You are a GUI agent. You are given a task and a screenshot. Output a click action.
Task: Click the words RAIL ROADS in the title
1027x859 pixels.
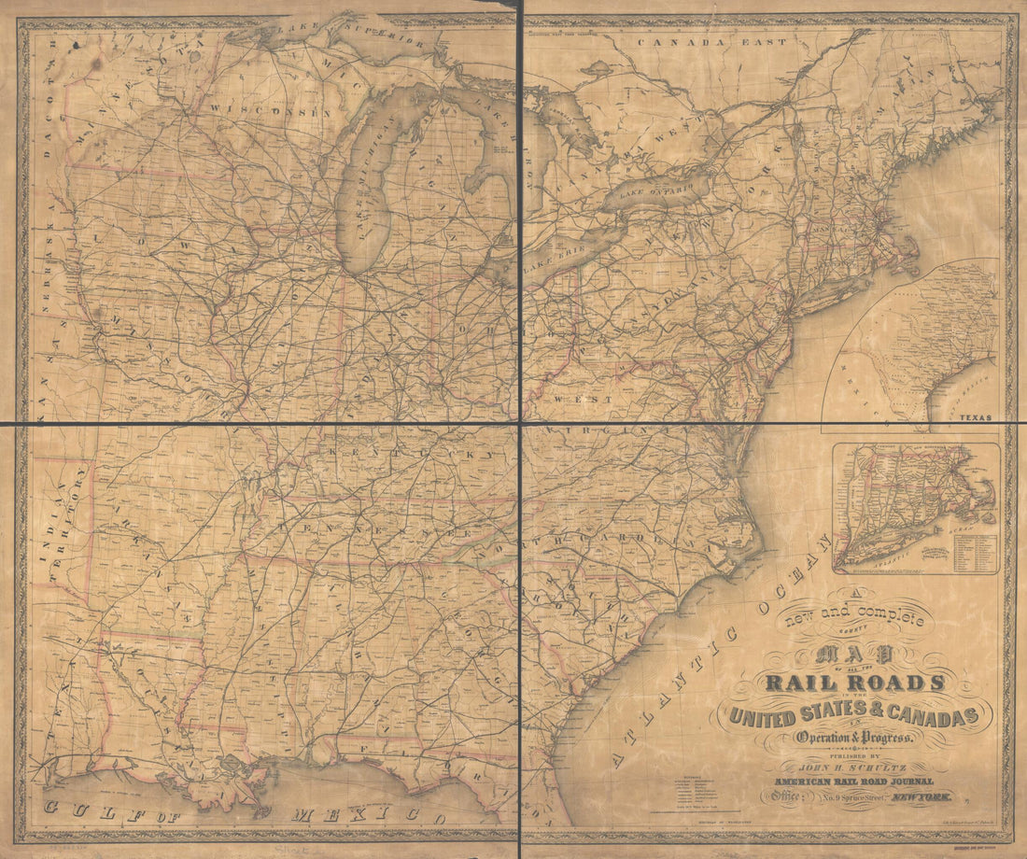[x=854, y=683]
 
